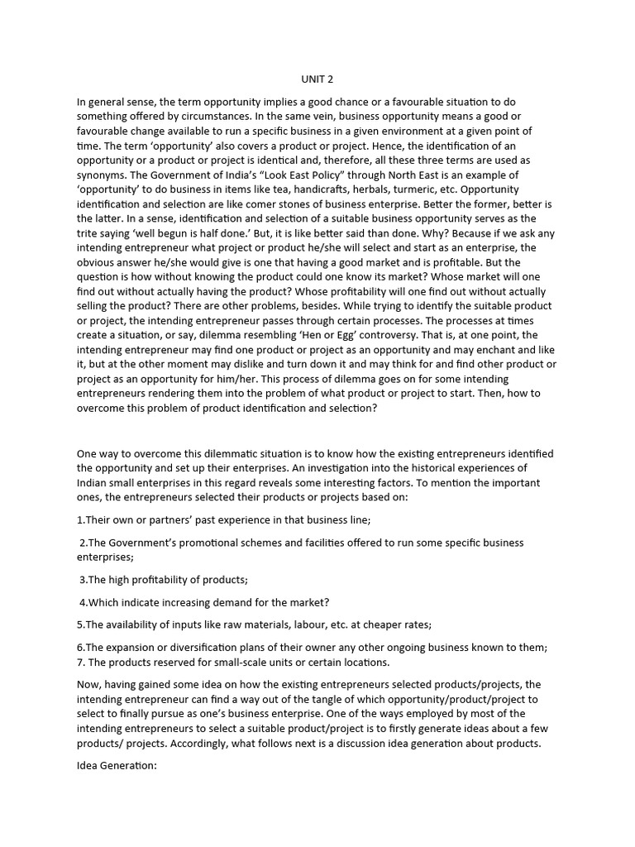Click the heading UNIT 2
pos(317,79)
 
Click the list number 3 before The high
pos(82,580)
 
